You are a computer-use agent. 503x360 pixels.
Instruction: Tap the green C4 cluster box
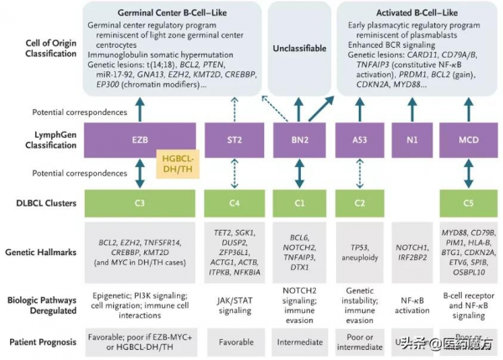236,202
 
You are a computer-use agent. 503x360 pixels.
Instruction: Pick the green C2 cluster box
358,202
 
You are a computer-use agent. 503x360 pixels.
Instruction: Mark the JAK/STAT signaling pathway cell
236,302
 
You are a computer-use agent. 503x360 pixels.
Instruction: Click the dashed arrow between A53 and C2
358,174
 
